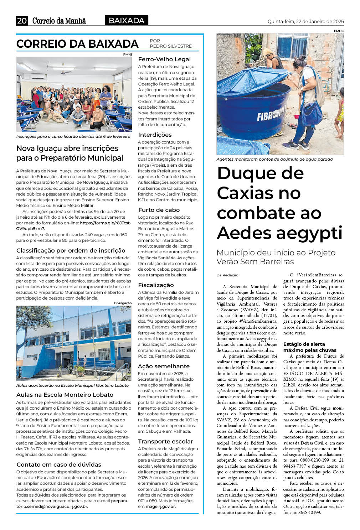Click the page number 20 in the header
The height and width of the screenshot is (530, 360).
click(22, 21)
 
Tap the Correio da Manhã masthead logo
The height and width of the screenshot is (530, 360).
click(59, 21)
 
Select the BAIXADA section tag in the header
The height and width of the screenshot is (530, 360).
click(127, 21)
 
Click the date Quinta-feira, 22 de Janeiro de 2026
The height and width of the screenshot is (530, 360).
click(305, 21)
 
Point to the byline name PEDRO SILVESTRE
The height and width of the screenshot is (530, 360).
click(171, 46)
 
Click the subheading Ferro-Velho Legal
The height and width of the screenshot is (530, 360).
click(164, 59)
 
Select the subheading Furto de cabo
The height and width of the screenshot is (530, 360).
click(159, 210)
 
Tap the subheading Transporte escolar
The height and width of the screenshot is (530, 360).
click(165, 441)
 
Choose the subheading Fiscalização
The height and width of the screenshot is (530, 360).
click(156, 285)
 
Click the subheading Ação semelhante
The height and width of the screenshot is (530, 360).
click(164, 366)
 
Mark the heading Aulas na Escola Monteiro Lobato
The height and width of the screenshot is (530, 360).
click(65, 395)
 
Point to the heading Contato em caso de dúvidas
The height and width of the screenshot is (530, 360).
click(59, 464)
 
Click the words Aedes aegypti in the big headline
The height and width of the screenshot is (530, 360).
click(279, 233)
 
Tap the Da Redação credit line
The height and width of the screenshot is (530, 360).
click(227, 275)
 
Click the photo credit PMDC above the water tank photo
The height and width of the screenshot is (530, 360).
click(339, 31)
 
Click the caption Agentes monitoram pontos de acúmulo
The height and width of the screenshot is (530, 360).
click(274, 159)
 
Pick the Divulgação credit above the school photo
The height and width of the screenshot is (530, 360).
click(123, 303)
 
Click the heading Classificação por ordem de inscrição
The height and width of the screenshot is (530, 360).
click(71, 250)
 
